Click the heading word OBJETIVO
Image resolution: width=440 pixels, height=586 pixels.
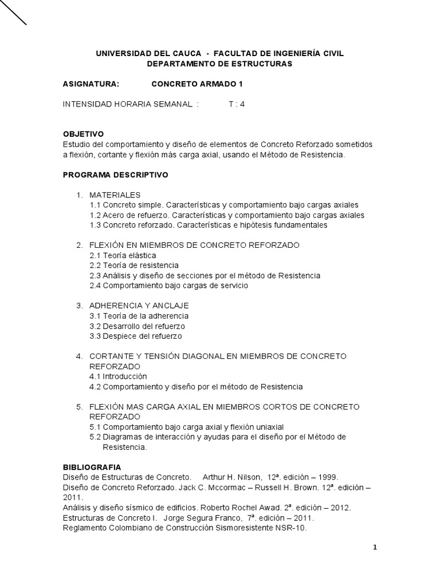[x=83, y=134]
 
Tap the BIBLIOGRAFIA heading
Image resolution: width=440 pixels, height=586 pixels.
[x=92, y=467]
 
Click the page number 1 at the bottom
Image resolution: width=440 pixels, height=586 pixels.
[x=375, y=548]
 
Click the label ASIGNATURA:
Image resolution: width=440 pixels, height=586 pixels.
[x=91, y=84]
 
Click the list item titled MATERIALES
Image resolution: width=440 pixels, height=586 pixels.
[x=115, y=195]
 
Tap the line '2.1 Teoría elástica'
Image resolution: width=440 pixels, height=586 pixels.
[x=123, y=255]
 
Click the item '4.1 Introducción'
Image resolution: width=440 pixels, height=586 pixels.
[x=118, y=377]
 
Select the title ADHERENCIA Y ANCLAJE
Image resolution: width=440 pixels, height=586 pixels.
[x=139, y=306]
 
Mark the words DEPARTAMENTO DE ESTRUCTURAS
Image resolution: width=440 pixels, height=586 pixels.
[x=219, y=64]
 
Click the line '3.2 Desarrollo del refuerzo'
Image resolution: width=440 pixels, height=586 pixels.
[x=137, y=326]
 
